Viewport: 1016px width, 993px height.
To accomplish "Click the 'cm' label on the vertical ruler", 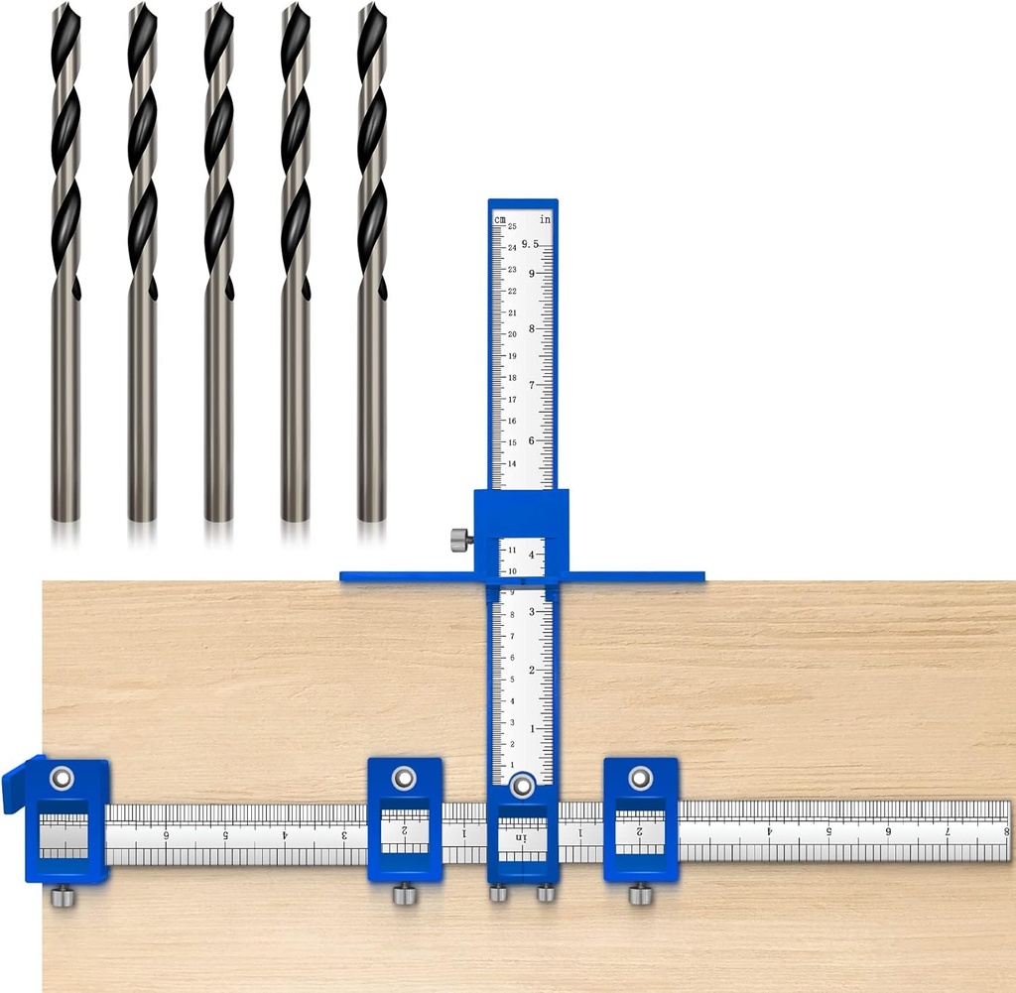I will click(x=501, y=218).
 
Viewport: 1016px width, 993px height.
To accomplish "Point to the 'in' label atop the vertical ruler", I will click(x=545, y=218).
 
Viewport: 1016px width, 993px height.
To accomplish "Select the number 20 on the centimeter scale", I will click(x=512, y=334).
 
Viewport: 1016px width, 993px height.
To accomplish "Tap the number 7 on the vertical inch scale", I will click(x=532, y=385).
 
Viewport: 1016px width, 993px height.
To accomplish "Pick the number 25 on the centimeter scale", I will click(x=512, y=227).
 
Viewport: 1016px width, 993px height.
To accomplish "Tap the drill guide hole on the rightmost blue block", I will click(x=640, y=778).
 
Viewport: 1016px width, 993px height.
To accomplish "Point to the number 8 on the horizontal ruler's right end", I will click(x=1005, y=832).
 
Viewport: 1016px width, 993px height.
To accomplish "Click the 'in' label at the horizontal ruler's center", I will click(x=521, y=838).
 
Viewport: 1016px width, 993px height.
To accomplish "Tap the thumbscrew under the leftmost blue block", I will click(x=62, y=897).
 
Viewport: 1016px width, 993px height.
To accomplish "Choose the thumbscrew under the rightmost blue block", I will click(x=640, y=895).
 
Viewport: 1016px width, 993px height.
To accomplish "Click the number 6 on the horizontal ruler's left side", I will click(x=167, y=835).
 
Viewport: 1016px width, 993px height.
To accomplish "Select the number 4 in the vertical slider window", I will click(x=532, y=556).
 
